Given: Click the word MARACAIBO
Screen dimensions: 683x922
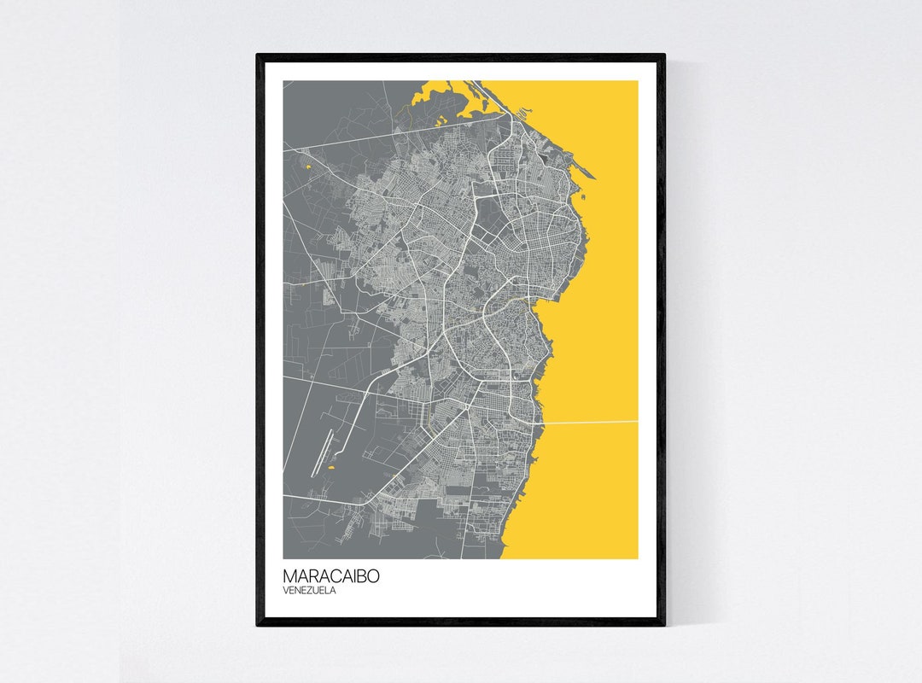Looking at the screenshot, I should tap(331, 576).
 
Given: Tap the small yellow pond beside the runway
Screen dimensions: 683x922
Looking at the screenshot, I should tap(330, 468).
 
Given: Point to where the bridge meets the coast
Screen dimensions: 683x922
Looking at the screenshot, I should tap(544, 423).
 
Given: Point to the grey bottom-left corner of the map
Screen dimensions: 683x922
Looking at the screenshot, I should tap(287, 556).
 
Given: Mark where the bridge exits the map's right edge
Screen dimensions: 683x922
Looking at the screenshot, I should tap(637, 421).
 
